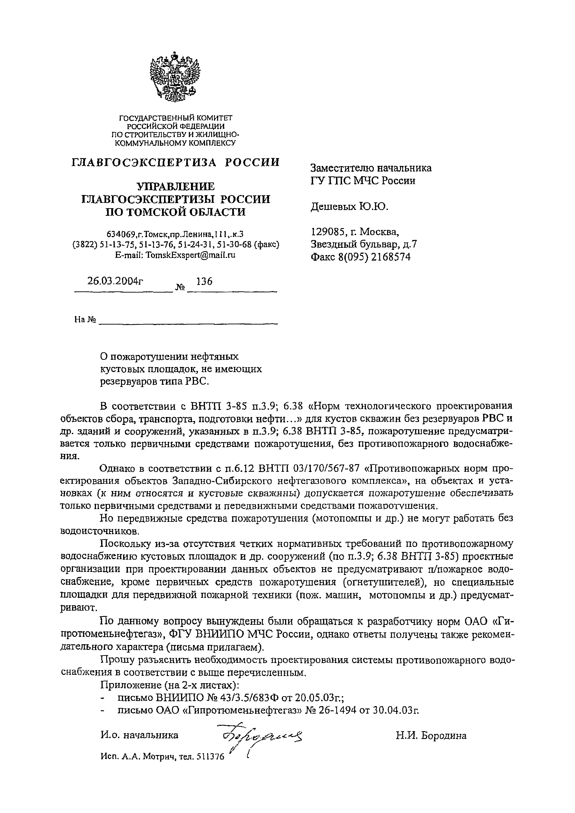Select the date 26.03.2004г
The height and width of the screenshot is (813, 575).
tap(115, 281)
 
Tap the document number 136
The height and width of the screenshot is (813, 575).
tap(204, 281)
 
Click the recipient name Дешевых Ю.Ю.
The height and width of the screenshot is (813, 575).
tap(349, 206)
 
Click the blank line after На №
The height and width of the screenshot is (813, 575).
tap(188, 320)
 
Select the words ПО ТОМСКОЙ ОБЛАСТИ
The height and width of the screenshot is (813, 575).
tap(176, 212)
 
